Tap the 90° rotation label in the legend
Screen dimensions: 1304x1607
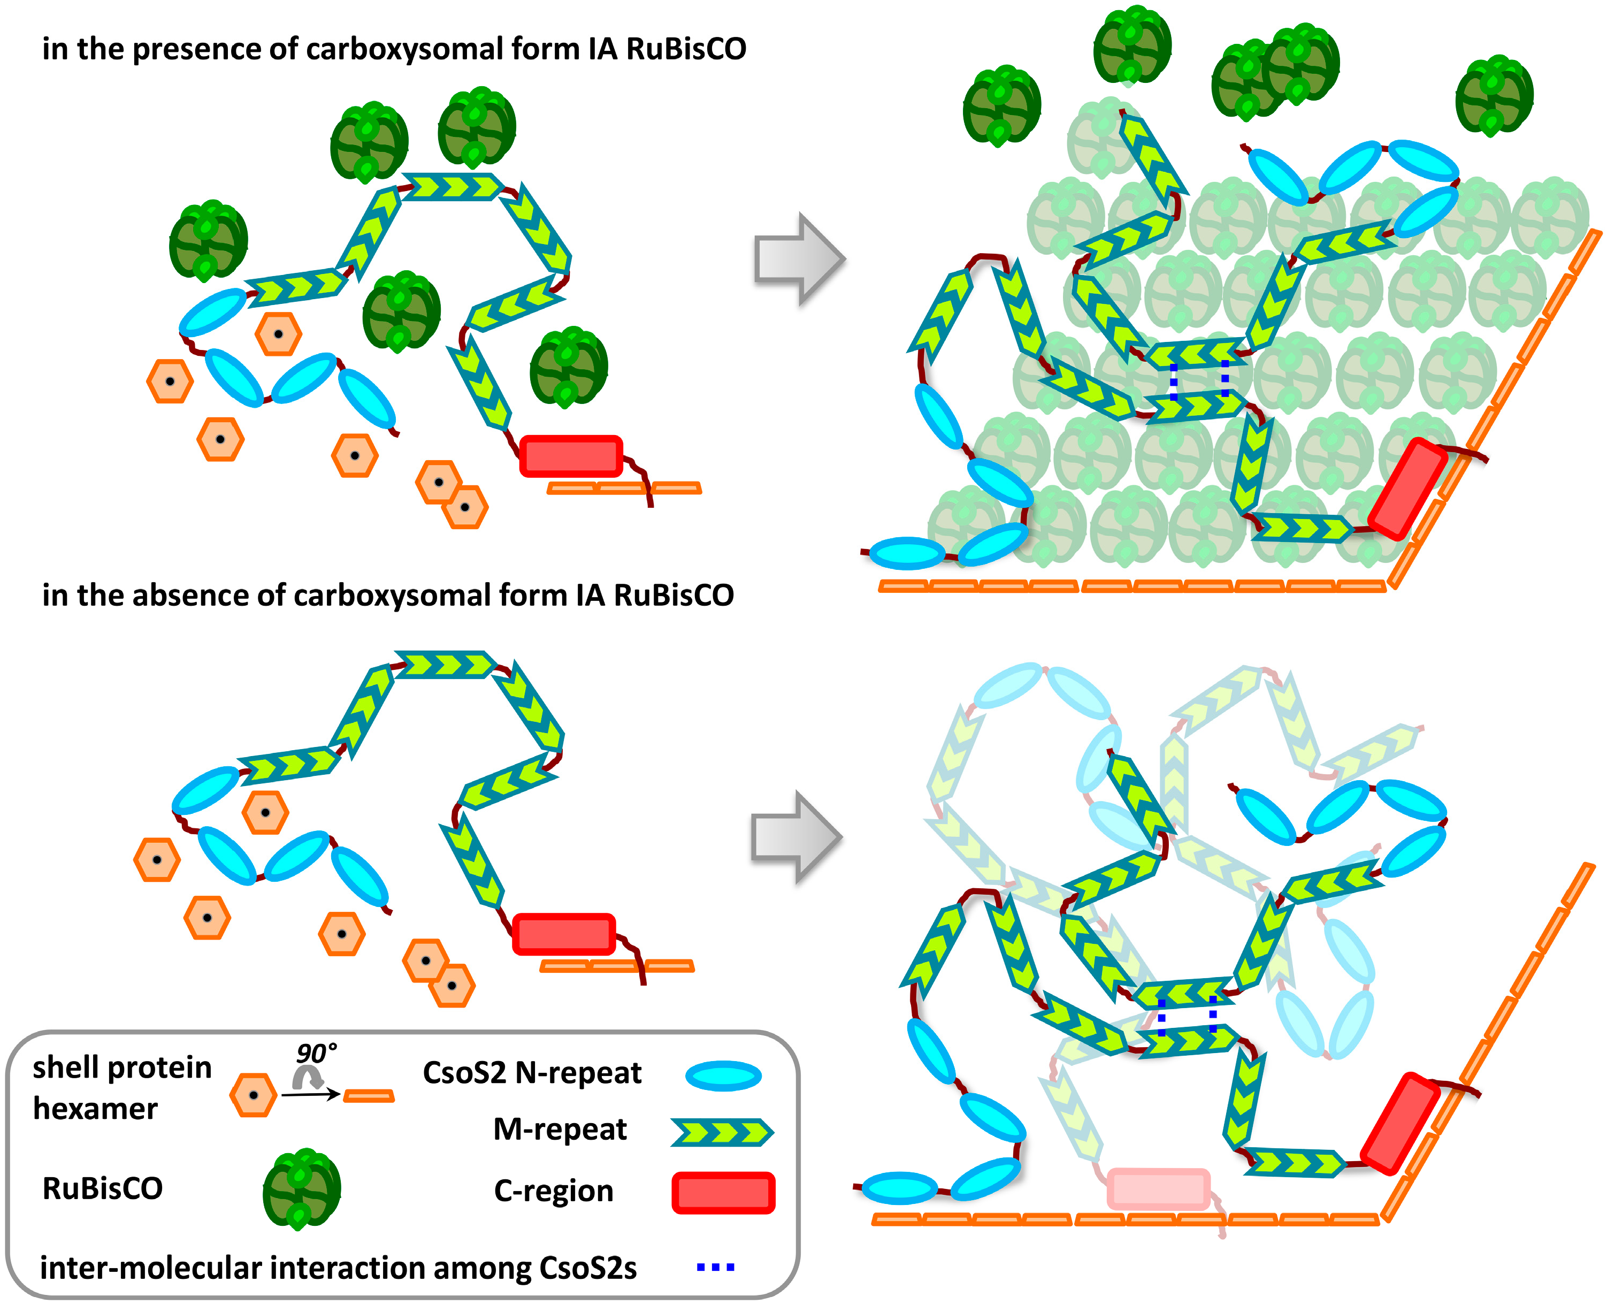316,1053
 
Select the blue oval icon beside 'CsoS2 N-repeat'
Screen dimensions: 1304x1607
723,1076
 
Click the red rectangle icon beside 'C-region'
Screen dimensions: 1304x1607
723,1193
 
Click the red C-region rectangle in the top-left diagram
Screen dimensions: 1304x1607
571,456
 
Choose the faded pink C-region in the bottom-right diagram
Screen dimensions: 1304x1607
1158,1189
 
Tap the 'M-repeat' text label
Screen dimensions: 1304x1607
560,1129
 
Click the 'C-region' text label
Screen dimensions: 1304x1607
554,1191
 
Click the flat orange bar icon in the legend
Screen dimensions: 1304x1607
369,1097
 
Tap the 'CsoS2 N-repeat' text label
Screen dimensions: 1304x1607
532,1073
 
